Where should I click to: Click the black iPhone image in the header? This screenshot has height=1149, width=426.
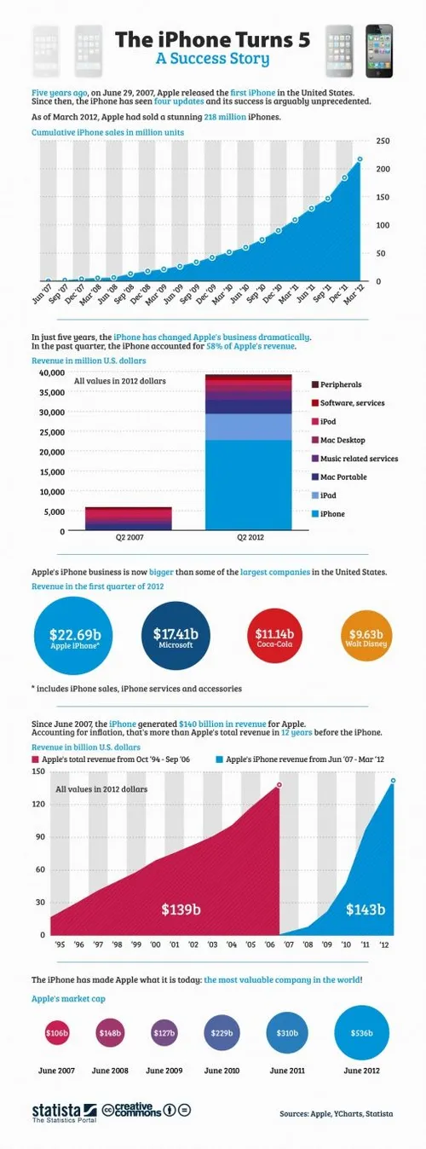379,50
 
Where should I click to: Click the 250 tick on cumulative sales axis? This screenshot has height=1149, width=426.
383,141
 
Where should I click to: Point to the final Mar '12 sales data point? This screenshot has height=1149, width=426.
360,159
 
